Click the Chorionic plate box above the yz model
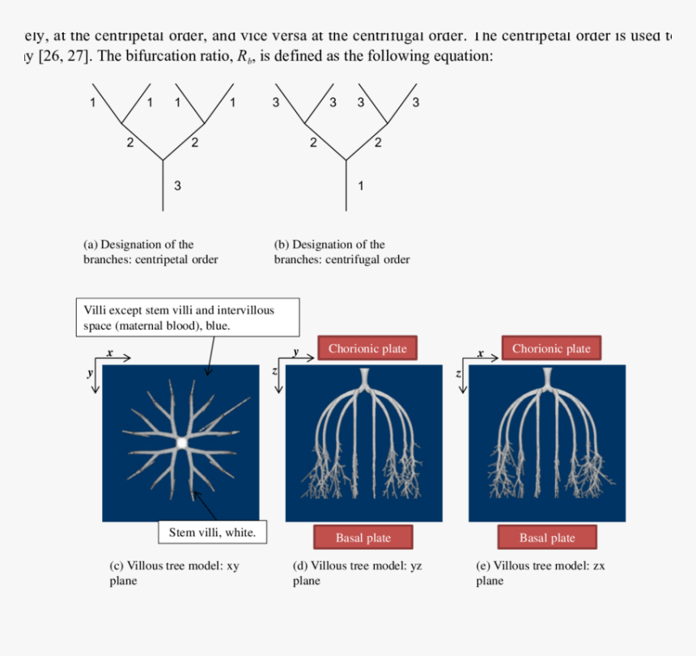(x=367, y=348)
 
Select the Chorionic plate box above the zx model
(x=550, y=348)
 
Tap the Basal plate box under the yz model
(x=363, y=538)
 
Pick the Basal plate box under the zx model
(x=547, y=538)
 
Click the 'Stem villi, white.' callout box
(x=212, y=532)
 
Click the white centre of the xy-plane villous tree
(x=181, y=442)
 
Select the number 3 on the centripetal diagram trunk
(x=177, y=186)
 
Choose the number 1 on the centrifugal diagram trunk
(x=361, y=186)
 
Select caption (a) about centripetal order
(x=151, y=252)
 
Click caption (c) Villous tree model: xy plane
(x=174, y=573)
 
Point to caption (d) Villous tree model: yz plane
(x=357, y=573)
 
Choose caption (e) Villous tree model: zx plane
(x=540, y=573)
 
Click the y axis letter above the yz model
(x=296, y=353)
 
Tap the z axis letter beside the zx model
(x=458, y=373)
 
